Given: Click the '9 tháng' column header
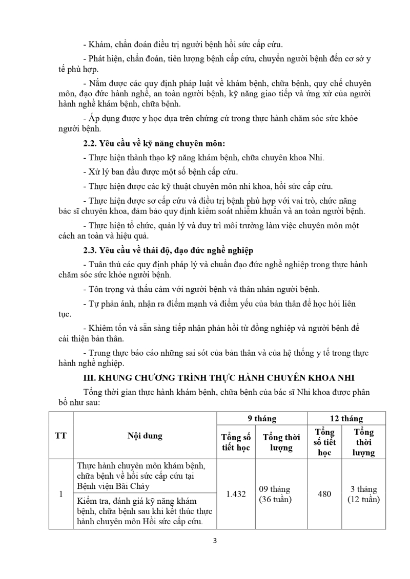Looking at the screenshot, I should (x=261, y=419).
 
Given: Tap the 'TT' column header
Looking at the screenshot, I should (x=61, y=436).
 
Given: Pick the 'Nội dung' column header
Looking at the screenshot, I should (x=145, y=436).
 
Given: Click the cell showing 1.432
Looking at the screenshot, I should (x=236, y=494).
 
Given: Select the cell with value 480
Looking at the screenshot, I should (x=324, y=494).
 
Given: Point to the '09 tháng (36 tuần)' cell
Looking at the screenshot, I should (x=281, y=494).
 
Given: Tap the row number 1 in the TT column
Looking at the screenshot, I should (x=61, y=494).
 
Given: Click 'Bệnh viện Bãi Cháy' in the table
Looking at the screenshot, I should (x=113, y=486).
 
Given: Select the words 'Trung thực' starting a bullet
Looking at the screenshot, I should (x=108, y=353).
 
